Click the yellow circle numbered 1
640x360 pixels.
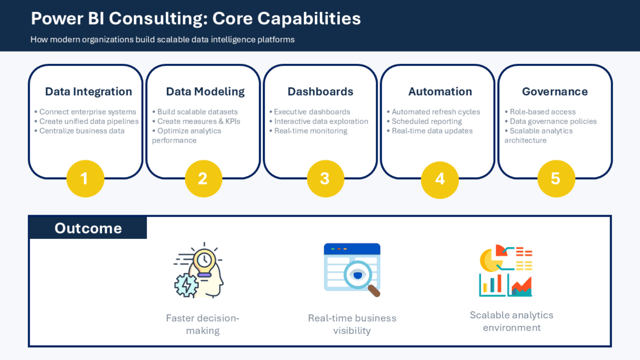click(x=85, y=179)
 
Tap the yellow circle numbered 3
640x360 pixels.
click(x=325, y=179)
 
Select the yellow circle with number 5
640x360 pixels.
click(x=556, y=179)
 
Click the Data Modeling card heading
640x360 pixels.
click(x=205, y=92)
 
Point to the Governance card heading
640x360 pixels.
click(x=555, y=92)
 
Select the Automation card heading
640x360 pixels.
click(x=440, y=92)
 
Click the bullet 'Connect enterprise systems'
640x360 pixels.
click(x=87, y=112)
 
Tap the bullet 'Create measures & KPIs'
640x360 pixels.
click(x=198, y=122)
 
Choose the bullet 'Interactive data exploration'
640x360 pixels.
click(x=321, y=122)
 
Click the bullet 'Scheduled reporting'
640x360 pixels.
click(x=427, y=122)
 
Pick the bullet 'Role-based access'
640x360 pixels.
click(x=542, y=112)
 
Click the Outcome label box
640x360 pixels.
click(x=88, y=228)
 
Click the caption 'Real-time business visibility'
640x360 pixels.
click(x=352, y=324)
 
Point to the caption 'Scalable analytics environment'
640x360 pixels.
click(x=512, y=321)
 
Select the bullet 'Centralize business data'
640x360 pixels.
click(x=82, y=131)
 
